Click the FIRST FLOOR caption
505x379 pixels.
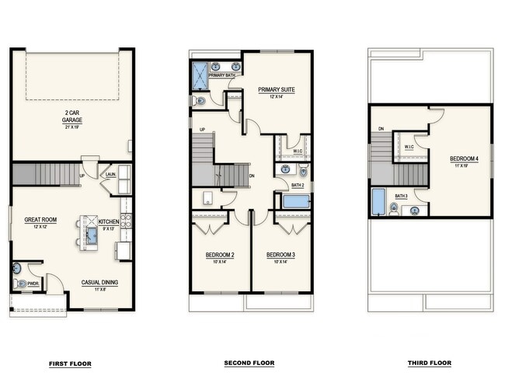click(70, 363)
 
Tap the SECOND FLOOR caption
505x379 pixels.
click(249, 363)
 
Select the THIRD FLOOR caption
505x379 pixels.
click(429, 363)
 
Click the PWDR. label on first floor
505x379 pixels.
click(33, 283)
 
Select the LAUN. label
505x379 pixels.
click(111, 175)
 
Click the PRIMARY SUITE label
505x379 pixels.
click(277, 90)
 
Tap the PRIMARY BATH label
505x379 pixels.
click(221, 75)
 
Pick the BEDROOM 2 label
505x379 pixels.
click(220, 256)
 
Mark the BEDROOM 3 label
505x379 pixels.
click(280, 256)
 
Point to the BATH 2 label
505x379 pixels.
click(298, 186)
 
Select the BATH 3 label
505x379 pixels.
click(401, 196)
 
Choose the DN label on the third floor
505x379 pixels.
click(381, 128)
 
